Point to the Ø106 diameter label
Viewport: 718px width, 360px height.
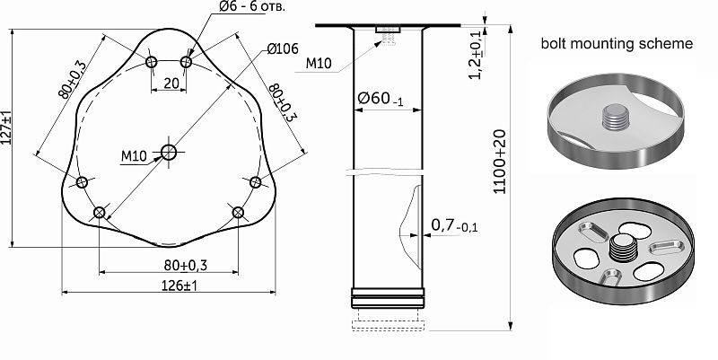click(x=282, y=49)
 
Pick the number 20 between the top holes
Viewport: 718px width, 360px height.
click(x=170, y=83)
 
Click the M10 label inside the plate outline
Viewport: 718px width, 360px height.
click(x=134, y=156)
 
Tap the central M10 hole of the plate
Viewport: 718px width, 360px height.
click(x=169, y=152)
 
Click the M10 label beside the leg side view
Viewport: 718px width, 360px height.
click(x=320, y=63)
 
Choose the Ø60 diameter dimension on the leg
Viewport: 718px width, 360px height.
click(x=378, y=99)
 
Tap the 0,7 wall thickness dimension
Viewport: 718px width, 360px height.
click(x=454, y=224)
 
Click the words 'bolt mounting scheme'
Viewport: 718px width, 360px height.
click(x=617, y=44)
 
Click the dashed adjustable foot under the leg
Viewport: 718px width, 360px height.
click(x=388, y=320)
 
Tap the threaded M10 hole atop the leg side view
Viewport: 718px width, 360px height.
click(x=388, y=34)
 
